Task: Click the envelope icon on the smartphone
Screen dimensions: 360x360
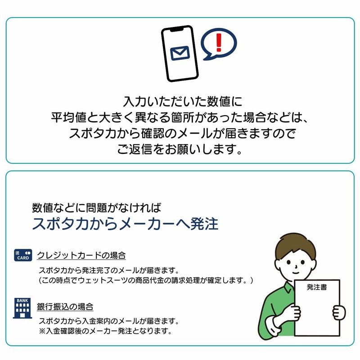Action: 180,53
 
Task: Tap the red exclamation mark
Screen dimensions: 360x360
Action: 219,42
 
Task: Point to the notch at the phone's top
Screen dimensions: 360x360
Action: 176,29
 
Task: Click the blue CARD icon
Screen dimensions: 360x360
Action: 23,255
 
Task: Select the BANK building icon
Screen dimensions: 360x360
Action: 22,308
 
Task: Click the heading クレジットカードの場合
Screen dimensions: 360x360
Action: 81,255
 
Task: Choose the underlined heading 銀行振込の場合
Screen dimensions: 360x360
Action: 65,307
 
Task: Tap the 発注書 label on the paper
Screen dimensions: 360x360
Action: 317,287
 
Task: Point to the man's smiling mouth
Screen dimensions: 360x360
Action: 296,273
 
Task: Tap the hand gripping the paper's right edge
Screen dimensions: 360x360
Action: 339,312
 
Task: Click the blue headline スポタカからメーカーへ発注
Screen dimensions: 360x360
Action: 125,224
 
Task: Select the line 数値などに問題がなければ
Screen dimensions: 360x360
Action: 97,208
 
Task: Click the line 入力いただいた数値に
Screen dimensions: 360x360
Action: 183,102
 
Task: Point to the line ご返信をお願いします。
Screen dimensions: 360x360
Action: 180,149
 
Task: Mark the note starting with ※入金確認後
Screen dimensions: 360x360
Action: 105,331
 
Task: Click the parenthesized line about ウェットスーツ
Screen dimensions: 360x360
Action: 146,280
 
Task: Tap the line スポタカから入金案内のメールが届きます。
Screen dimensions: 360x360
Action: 109,321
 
